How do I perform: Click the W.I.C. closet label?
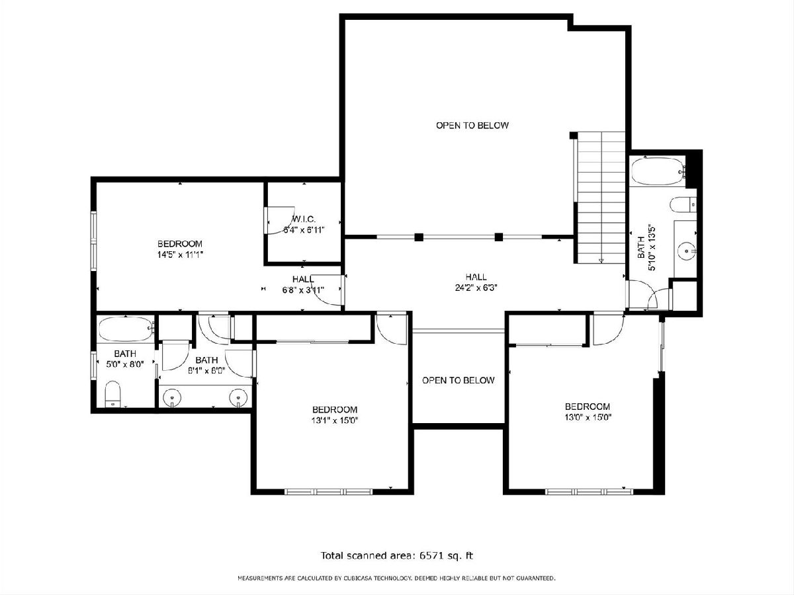304,219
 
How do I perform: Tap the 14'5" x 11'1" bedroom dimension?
180,255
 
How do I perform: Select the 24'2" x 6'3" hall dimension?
476,288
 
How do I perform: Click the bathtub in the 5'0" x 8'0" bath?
126,329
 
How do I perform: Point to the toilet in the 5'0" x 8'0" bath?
112,394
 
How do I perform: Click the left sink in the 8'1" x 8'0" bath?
171,397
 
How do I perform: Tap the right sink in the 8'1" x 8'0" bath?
238,397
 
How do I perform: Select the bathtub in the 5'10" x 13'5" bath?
658,171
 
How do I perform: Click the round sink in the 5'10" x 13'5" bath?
686,251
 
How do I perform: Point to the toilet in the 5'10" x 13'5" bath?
683,205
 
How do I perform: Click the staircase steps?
601,197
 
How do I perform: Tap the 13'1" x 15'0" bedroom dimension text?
335,420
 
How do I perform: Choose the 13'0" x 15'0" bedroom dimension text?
588,418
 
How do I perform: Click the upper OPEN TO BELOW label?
472,126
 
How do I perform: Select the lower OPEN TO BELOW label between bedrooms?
459,380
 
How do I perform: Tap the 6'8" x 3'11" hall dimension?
303,290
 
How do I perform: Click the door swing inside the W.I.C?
281,221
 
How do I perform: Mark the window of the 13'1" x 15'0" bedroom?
328,492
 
